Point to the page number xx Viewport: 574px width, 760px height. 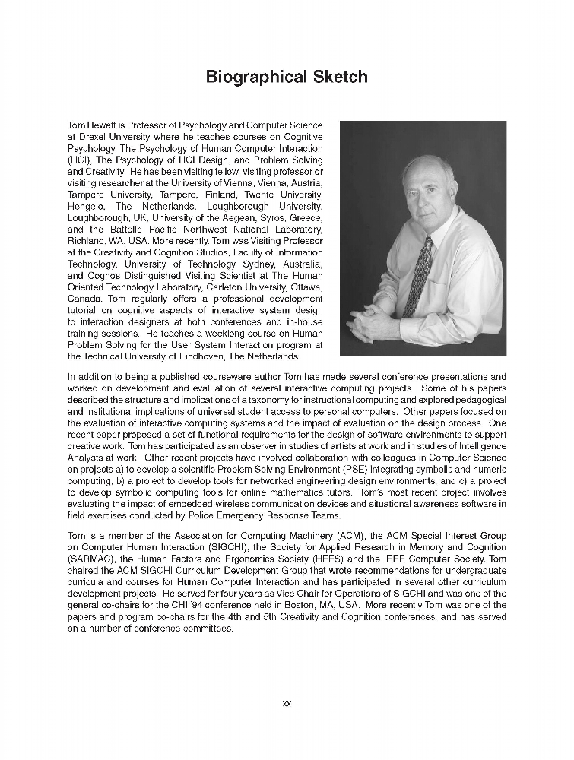click(287, 704)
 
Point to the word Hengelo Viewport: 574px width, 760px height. click(87, 207)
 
